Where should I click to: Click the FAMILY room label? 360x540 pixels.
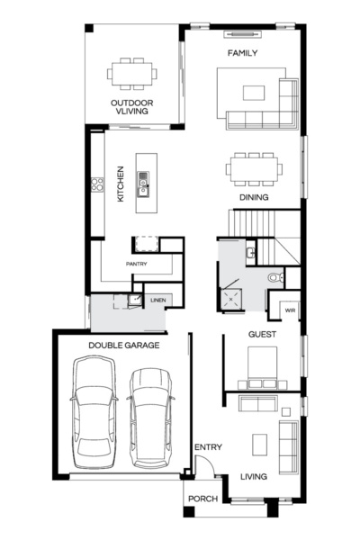click(x=242, y=53)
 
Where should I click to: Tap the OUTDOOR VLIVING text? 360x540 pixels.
click(x=132, y=109)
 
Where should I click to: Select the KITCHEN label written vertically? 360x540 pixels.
click(x=121, y=184)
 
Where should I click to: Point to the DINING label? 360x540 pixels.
click(x=253, y=197)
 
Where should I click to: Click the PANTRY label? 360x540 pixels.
click(x=136, y=264)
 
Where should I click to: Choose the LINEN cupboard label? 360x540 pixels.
click(x=157, y=300)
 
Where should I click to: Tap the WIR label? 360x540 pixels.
click(x=289, y=310)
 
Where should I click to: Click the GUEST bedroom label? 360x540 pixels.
click(x=261, y=335)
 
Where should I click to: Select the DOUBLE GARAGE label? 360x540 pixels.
click(x=123, y=345)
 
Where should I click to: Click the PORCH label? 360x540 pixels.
click(x=202, y=499)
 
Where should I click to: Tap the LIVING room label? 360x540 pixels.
click(x=253, y=478)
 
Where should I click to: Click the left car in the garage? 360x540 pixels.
click(x=94, y=411)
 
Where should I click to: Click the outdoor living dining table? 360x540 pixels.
click(x=132, y=73)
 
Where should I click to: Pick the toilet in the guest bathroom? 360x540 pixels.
click(x=277, y=278)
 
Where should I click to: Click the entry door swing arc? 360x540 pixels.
click(x=206, y=466)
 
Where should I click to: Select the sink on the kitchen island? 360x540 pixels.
click(x=141, y=186)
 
